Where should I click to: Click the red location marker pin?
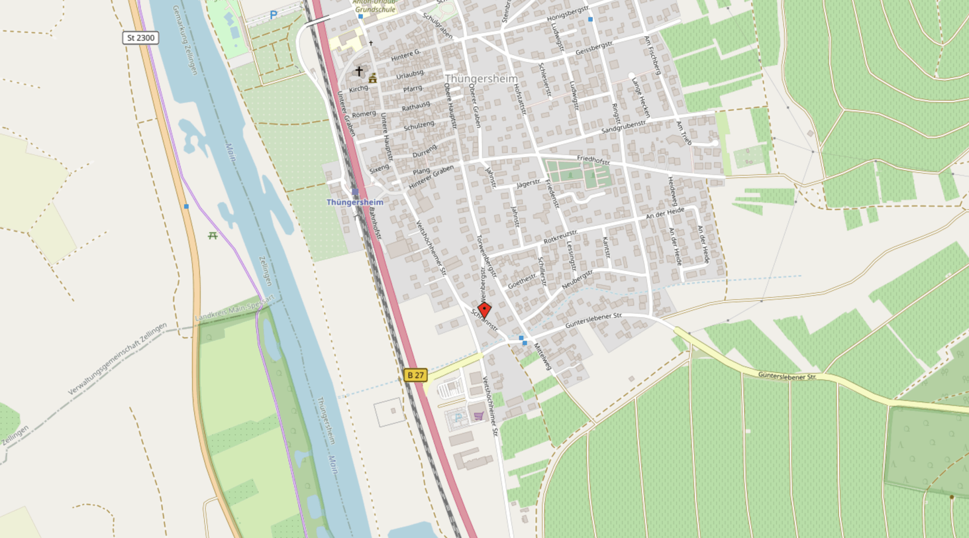pyautogui.click(x=484, y=310)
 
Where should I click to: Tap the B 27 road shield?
pyautogui.click(x=415, y=375)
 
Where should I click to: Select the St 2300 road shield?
pyautogui.click(x=140, y=38)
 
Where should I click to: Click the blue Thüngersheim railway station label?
pyautogui.click(x=355, y=202)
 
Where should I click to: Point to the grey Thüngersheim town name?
pyautogui.click(x=481, y=79)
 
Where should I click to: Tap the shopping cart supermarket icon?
pyautogui.click(x=478, y=415)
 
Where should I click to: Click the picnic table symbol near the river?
pyautogui.click(x=213, y=236)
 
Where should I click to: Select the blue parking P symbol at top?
pyautogui.click(x=273, y=15)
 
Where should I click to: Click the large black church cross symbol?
pyautogui.click(x=359, y=71)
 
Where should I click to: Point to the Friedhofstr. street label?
pyautogui.click(x=594, y=160)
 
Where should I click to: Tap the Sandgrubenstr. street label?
pyautogui.click(x=623, y=127)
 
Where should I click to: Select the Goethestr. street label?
pyautogui.click(x=522, y=280)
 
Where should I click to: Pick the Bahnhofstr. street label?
pyautogui.click(x=375, y=223)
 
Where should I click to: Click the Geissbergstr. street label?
pyautogui.click(x=594, y=48)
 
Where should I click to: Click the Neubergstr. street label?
pyautogui.click(x=577, y=279)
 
